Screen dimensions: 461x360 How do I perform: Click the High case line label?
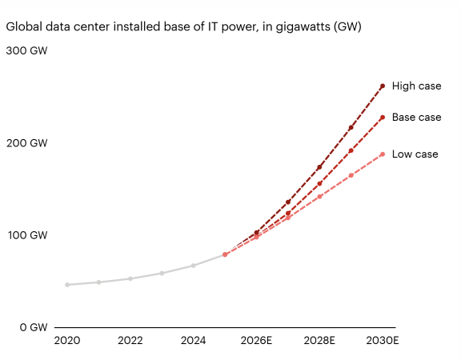417,86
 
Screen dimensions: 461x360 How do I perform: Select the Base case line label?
417,118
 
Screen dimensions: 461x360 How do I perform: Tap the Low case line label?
415,154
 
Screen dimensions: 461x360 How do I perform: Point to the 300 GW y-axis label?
26,50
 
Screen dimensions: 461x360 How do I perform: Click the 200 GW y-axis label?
26,143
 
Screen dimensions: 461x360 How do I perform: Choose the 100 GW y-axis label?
27,235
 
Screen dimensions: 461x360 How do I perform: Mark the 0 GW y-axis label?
34,327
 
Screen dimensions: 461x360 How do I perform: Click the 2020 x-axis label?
67,340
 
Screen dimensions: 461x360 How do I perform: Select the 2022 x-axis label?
130,340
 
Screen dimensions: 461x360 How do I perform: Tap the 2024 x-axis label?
193,340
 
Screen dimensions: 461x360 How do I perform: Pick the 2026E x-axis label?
256,340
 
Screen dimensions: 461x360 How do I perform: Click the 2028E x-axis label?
319,340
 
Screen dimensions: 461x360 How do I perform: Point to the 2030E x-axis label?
383,340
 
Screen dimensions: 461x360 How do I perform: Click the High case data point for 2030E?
383,86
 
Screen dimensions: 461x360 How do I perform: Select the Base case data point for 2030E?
383,118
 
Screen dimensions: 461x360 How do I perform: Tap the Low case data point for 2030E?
383,154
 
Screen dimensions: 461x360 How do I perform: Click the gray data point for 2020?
67,285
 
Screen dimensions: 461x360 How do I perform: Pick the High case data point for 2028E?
319,167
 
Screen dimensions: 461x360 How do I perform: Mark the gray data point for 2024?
194,266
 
